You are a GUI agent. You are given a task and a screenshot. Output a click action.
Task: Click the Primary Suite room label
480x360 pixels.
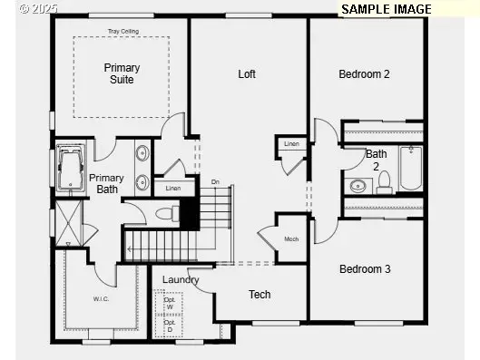tap(122, 73)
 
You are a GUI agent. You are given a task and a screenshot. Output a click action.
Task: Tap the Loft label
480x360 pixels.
tap(247, 73)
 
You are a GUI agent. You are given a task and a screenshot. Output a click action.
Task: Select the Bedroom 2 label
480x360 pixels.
tap(364, 73)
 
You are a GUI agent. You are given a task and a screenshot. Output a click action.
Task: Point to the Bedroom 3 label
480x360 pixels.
tap(364, 268)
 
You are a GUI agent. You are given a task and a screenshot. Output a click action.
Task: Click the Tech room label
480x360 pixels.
tap(260, 294)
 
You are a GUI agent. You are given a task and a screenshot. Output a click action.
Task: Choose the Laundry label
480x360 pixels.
tap(181, 279)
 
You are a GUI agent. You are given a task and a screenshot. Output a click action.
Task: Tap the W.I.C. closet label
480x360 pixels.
tap(101, 298)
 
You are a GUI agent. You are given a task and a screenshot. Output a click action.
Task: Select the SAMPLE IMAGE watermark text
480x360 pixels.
tap(387, 8)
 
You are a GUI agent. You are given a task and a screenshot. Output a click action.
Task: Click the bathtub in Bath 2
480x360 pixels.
tap(411, 169)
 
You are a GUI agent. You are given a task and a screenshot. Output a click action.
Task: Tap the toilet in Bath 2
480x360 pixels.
tap(384, 182)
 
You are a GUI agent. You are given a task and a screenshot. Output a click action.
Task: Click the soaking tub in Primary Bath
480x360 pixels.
tap(70, 169)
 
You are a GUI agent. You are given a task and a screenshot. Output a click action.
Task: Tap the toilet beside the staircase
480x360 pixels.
tap(166, 215)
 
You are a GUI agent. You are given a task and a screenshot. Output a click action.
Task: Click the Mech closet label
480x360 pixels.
tap(291, 239)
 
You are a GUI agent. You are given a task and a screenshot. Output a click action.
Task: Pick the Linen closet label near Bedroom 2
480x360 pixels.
tap(291, 144)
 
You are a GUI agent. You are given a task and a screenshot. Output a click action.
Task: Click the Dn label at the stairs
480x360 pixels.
tap(215, 182)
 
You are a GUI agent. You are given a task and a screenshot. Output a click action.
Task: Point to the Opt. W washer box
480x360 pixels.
tap(169, 303)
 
